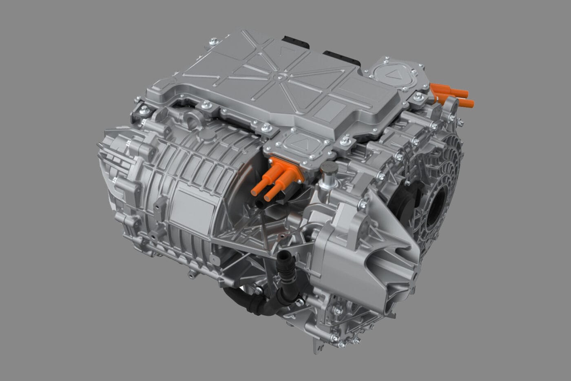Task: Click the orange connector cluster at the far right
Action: (x=451, y=95)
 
